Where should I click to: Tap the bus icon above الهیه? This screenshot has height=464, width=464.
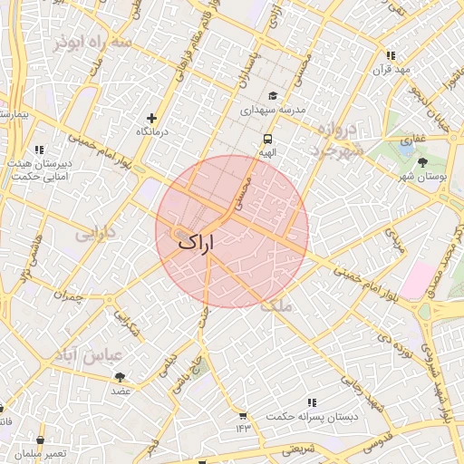tap(267, 139)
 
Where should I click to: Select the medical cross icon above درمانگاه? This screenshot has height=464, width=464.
tap(151, 118)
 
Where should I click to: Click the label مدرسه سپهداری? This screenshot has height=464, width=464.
tap(274, 110)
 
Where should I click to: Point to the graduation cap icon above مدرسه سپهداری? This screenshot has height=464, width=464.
tap(273, 96)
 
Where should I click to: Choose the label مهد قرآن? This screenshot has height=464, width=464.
tap(391, 70)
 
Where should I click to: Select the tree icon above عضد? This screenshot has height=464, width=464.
tap(120, 377)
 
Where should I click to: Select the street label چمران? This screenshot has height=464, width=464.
tap(67, 295)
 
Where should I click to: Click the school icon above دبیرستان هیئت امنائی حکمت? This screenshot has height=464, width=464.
tap(39, 150)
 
